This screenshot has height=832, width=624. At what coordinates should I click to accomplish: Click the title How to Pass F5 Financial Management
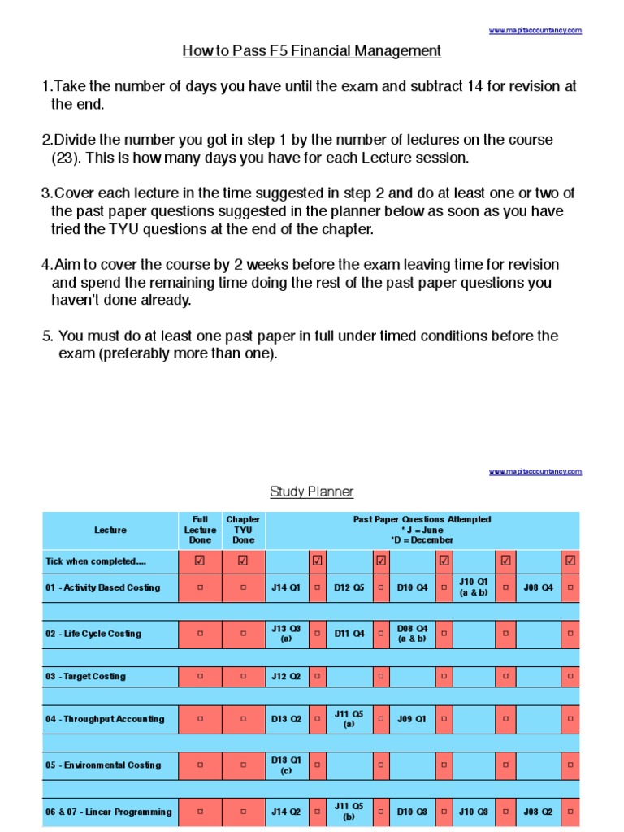click(x=312, y=51)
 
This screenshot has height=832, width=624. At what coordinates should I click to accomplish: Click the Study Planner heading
click(x=312, y=492)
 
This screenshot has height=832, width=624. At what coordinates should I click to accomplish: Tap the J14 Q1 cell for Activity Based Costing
click(x=285, y=587)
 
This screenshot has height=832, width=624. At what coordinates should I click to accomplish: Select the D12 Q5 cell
click(x=349, y=587)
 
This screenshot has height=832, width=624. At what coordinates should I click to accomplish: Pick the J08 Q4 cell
click(x=538, y=587)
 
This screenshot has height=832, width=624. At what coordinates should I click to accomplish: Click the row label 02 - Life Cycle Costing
click(x=93, y=634)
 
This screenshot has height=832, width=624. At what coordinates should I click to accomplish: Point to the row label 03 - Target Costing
click(x=85, y=676)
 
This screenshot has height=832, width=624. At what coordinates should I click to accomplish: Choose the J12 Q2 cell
click(x=285, y=676)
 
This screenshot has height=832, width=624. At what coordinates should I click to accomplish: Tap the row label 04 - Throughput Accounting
click(x=105, y=719)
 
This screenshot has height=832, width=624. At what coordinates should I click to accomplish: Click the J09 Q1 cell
click(x=412, y=719)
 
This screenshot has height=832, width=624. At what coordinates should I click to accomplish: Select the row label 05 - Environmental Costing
click(x=103, y=765)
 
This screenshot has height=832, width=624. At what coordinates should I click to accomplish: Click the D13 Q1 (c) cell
click(x=285, y=765)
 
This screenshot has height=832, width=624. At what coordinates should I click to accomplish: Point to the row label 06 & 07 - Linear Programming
click(x=109, y=812)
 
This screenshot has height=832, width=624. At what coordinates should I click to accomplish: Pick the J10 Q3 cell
click(x=474, y=812)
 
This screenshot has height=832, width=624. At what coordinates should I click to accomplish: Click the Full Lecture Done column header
click(x=200, y=530)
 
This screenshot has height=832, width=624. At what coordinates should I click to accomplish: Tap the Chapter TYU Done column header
click(x=243, y=530)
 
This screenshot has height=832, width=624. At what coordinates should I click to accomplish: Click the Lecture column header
click(x=110, y=531)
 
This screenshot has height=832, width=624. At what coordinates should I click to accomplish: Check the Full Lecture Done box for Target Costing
click(x=200, y=676)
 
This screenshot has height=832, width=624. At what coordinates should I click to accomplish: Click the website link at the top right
click(x=535, y=31)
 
